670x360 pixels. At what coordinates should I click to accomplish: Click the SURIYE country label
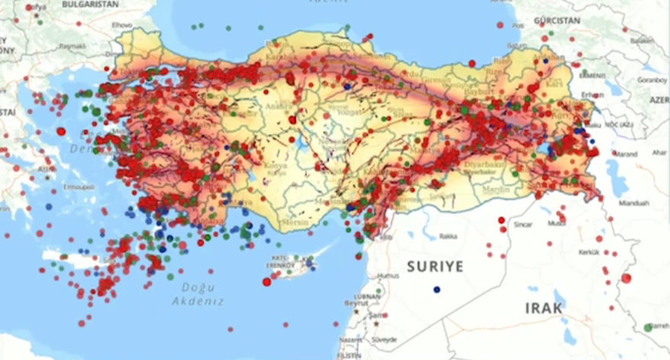[435, 266]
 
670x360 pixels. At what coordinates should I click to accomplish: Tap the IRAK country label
[544, 307]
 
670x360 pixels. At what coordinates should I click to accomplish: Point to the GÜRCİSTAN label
[557, 21]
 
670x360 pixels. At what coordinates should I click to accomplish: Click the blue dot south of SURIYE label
[436, 289]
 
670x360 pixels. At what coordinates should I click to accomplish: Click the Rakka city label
[448, 236]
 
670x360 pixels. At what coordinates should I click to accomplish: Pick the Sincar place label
[523, 225]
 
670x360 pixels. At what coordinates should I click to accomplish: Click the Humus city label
[388, 276]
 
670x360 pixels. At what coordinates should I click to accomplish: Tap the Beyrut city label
[356, 302]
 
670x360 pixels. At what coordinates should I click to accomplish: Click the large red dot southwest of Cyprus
[266, 282]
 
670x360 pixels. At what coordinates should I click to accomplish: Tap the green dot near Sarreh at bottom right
[648, 327]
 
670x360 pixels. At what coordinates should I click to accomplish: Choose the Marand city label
[624, 154]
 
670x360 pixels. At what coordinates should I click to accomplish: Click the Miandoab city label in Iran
[633, 203]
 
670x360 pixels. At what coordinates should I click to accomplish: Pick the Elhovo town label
[122, 25]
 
